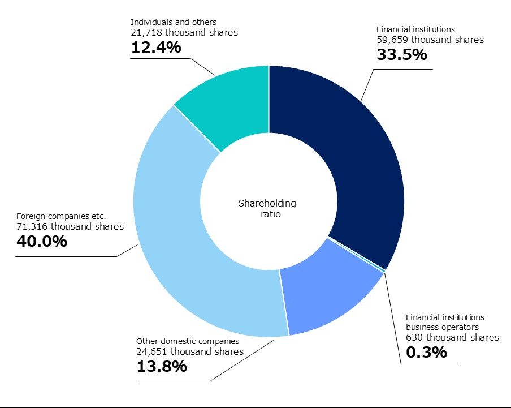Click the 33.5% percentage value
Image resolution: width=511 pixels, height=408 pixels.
[x=401, y=55]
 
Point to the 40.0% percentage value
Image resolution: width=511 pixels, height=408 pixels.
[x=42, y=242]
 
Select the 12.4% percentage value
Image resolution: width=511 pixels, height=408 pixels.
[x=156, y=48]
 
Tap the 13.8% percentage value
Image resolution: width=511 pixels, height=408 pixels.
[x=162, y=367]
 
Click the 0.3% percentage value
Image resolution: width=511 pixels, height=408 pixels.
[x=426, y=352]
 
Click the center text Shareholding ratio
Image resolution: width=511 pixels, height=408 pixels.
[x=267, y=209]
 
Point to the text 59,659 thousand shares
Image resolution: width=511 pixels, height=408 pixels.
[x=430, y=40]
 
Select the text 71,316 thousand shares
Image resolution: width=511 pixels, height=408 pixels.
[x=70, y=226]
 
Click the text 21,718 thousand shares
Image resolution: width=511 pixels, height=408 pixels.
[x=184, y=32]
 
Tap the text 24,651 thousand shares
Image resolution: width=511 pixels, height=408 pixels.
[x=190, y=351]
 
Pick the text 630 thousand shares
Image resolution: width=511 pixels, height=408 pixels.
[x=452, y=337]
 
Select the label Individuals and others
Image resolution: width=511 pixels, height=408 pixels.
[x=174, y=22]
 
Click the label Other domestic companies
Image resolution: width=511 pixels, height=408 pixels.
[x=188, y=341]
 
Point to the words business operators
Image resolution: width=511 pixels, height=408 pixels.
[x=443, y=327]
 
